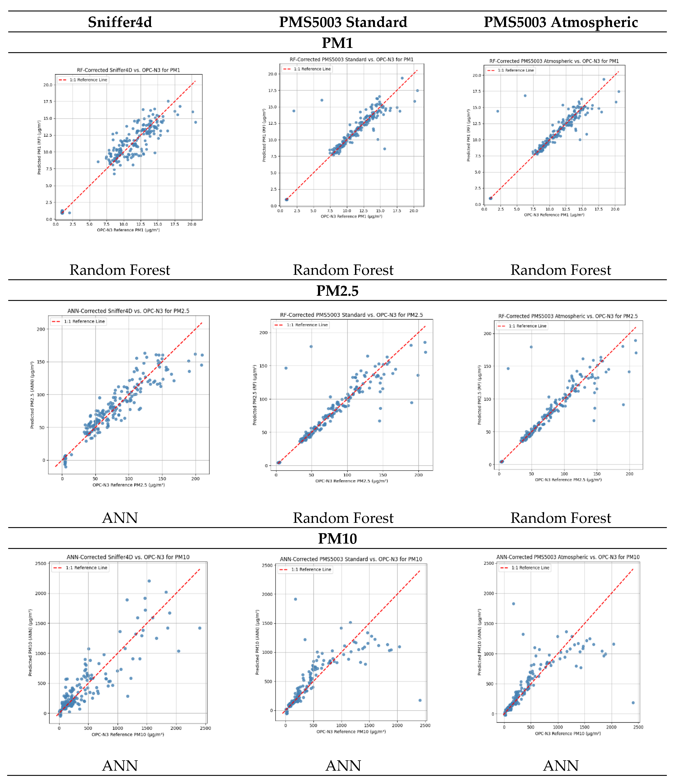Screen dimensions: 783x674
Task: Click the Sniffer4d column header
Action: click(x=120, y=22)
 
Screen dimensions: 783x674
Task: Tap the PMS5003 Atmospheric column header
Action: click(x=561, y=22)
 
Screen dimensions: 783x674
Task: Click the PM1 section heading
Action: click(x=337, y=43)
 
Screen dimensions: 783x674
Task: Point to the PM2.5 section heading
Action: click(x=337, y=291)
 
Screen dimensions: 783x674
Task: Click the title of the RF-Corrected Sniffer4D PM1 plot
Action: click(x=128, y=70)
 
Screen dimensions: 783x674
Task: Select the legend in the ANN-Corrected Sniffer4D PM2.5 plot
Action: click(x=79, y=321)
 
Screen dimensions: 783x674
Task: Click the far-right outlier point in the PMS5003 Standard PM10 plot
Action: click(x=420, y=700)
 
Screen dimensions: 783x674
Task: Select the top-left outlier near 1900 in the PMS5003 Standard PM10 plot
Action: click(x=295, y=599)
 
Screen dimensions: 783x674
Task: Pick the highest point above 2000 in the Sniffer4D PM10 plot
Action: click(x=149, y=581)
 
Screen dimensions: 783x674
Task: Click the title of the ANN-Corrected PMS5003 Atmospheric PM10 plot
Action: click(x=568, y=557)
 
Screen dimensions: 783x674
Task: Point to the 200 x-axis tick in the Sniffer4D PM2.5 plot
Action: click(x=195, y=478)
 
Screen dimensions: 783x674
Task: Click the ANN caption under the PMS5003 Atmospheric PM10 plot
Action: click(x=561, y=766)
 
